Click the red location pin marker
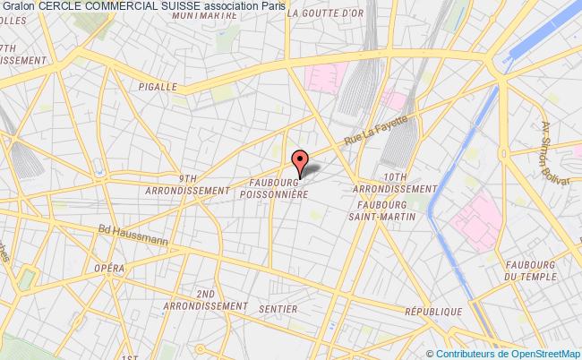(x=300, y=161)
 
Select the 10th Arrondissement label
(x=393, y=182)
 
